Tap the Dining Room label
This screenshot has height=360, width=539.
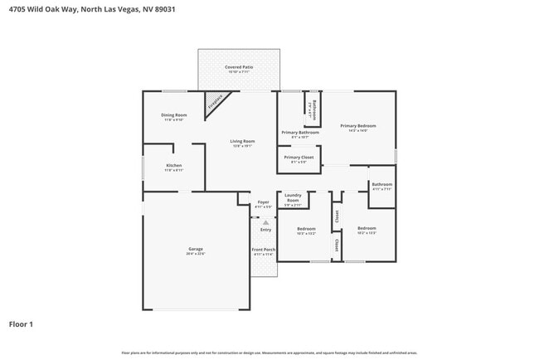(174, 115)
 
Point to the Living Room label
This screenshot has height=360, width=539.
(242, 142)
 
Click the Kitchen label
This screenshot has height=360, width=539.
(174, 165)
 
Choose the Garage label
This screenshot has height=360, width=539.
(196, 249)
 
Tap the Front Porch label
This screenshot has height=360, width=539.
(263, 249)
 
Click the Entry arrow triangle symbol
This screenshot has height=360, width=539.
(265, 222)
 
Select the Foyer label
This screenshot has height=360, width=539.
(263, 202)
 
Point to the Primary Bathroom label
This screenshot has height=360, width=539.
(300, 133)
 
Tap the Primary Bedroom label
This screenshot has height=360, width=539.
(357, 126)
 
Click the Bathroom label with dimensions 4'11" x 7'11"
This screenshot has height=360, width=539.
(381, 184)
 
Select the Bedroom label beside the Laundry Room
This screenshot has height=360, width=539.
(306, 228)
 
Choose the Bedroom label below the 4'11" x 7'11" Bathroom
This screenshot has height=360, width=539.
(367, 228)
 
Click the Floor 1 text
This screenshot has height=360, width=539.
(21, 324)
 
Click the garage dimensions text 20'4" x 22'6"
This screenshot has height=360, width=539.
(196, 254)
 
